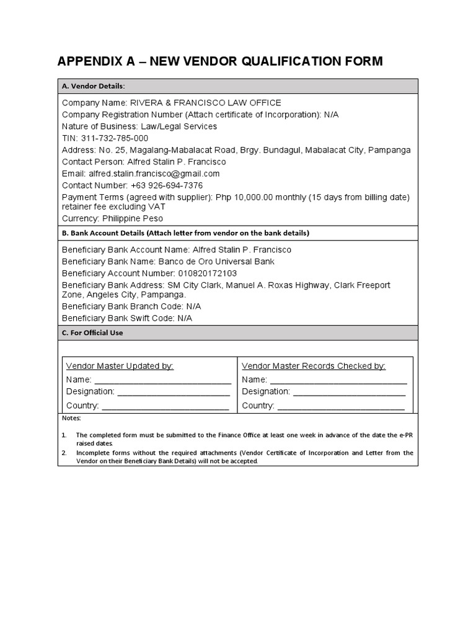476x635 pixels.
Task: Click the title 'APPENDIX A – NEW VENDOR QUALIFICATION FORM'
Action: tap(220, 61)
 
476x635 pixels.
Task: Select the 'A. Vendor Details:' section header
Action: tap(93, 86)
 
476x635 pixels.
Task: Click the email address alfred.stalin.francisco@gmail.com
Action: tap(154, 174)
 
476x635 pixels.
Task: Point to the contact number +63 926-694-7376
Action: tap(166, 185)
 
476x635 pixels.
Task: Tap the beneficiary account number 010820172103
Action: tap(198, 273)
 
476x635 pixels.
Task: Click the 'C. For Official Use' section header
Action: tap(92, 333)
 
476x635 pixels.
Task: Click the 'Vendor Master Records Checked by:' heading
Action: tap(314, 366)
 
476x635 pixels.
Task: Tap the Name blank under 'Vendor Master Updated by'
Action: tap(162, 380)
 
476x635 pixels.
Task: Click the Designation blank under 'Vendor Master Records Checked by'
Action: tap(349, 393)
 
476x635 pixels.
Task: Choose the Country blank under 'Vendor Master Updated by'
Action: tap(165, 406)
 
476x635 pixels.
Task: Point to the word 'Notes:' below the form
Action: tap(73, 419)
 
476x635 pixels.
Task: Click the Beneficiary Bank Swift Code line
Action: tap(127, 318)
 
